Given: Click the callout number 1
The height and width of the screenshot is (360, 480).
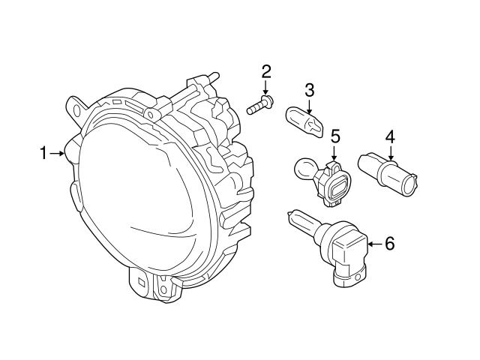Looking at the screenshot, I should [x=43, y=154].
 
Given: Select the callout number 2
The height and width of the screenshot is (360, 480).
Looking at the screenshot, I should [x=265, y=72].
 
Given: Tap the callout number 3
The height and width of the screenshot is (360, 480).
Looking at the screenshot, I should [x=309, y=91].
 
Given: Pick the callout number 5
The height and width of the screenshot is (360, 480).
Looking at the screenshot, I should [x=335, y=136].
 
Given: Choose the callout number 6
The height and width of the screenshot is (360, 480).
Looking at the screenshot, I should [x=388, y=243].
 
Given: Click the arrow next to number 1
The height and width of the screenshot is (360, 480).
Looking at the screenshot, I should [x=58, y=154].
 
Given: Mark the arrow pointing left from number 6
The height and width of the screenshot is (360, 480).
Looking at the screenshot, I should [x=372, y=243].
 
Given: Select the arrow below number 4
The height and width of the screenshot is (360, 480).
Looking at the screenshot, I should [x=390, y=152].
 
